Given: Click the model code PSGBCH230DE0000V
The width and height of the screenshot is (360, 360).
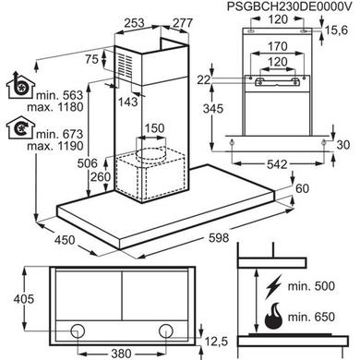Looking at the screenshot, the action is [x=289, y=6].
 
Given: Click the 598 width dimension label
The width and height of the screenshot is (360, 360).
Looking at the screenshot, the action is [x=219, y=237].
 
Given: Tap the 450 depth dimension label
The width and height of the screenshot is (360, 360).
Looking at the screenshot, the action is [x=65, y=240].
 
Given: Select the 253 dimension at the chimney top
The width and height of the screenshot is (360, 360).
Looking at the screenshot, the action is [x=134, y=23].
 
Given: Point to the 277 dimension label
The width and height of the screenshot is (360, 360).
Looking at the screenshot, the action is [x=183, y=23].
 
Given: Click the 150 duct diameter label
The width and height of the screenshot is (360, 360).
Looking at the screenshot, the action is [x=154, y=128].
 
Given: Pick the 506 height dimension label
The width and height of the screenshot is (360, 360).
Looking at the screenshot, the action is [x=88, y=163].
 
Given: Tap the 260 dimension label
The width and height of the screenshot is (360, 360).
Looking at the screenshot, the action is [x=101, y=177].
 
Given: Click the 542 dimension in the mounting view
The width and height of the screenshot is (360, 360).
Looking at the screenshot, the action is [x=277, y=164].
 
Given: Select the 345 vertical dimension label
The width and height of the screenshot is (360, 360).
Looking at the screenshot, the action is [x=213, y=109].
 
